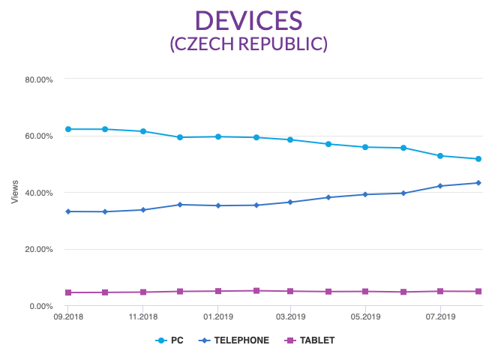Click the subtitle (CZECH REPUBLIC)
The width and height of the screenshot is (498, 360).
click(248, 43)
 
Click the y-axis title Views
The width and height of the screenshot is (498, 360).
click(14, 193)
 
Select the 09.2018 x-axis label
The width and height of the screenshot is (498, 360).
click(67, 317)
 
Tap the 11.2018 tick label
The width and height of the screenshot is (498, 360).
click(142, 317)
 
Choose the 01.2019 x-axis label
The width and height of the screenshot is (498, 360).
click(217, 317)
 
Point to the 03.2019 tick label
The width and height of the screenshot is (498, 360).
click(290, 317)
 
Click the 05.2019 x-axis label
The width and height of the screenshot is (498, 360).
click(365, 317)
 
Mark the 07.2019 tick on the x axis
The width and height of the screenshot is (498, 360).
click(439, 317)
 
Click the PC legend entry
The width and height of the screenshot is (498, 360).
click(170, 340)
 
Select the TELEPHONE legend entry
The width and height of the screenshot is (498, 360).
click(235, 340)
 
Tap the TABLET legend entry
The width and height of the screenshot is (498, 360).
click(311, 340)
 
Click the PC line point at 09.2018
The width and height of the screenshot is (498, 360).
click(68, 129)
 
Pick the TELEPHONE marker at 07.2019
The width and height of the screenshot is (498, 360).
click(440, 186)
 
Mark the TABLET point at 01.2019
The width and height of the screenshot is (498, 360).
click(217, 291)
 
